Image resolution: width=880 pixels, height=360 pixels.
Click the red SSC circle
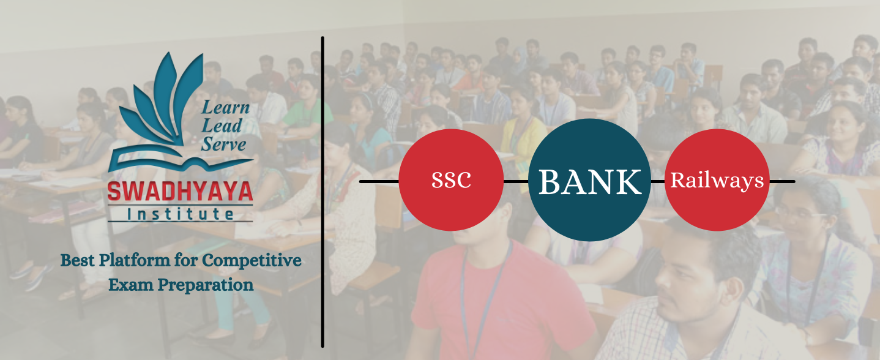tap(451, 180)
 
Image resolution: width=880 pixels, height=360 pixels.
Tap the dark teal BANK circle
tap(589, 180)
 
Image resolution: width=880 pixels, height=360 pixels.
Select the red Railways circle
tap(717, 180)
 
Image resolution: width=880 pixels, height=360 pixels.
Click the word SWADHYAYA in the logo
tap(180, 192)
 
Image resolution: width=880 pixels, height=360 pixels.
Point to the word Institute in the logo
tap(181, 214)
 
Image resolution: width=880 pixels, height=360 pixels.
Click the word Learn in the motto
tap(225, 107)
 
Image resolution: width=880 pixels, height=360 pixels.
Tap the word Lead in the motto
tap(222, 126)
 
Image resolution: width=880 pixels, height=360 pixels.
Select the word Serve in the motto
tap(223, 144)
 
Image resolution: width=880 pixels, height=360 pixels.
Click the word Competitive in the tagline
tap(252, 261)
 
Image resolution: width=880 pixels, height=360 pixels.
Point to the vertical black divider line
tap(323, 192)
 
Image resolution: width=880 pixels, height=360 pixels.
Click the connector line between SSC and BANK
tap(516, 182)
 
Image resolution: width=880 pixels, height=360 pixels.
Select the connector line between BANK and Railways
tap(658, 182)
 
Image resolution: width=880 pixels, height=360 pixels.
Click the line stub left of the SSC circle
tap(379, 182)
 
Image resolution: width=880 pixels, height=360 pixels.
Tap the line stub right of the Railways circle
tap(782, 182)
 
